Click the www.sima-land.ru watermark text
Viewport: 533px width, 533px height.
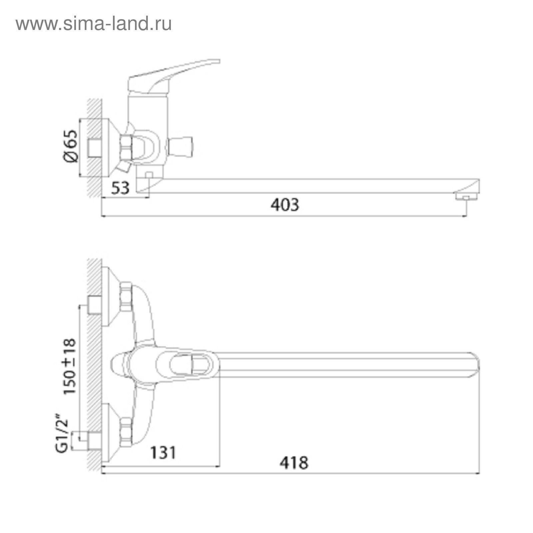[94, 24]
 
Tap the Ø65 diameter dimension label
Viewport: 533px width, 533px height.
[70, 146]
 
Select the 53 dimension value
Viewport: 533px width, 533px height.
[120, 188]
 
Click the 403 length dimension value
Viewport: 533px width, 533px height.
[285, 205]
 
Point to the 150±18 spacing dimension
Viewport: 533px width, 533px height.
[70, 366]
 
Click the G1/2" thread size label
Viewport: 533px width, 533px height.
[62, 433]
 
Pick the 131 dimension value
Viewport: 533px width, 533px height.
[163, 452]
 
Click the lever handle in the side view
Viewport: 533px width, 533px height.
[173, 75]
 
